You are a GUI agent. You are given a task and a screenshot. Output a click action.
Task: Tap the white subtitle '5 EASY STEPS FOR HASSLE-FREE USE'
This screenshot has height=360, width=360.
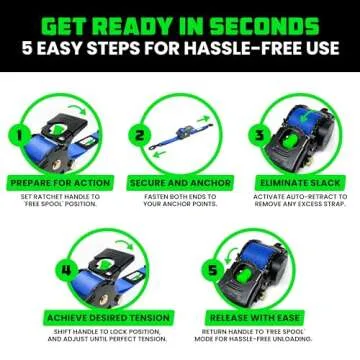pyautogui.click(x=180, y=50)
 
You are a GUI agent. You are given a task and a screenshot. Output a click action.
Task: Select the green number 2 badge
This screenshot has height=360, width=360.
pyautogui.click(x=141, y=134)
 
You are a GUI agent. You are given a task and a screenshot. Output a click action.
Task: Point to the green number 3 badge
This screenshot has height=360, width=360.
pyautogui.click(x=257, y=134)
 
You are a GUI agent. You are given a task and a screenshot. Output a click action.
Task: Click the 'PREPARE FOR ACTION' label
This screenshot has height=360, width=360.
pyautogui.click(x=60, y=183)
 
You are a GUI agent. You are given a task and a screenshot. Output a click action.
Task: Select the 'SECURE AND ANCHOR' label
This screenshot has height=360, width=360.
pyautogui.click(x=179, y=183)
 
